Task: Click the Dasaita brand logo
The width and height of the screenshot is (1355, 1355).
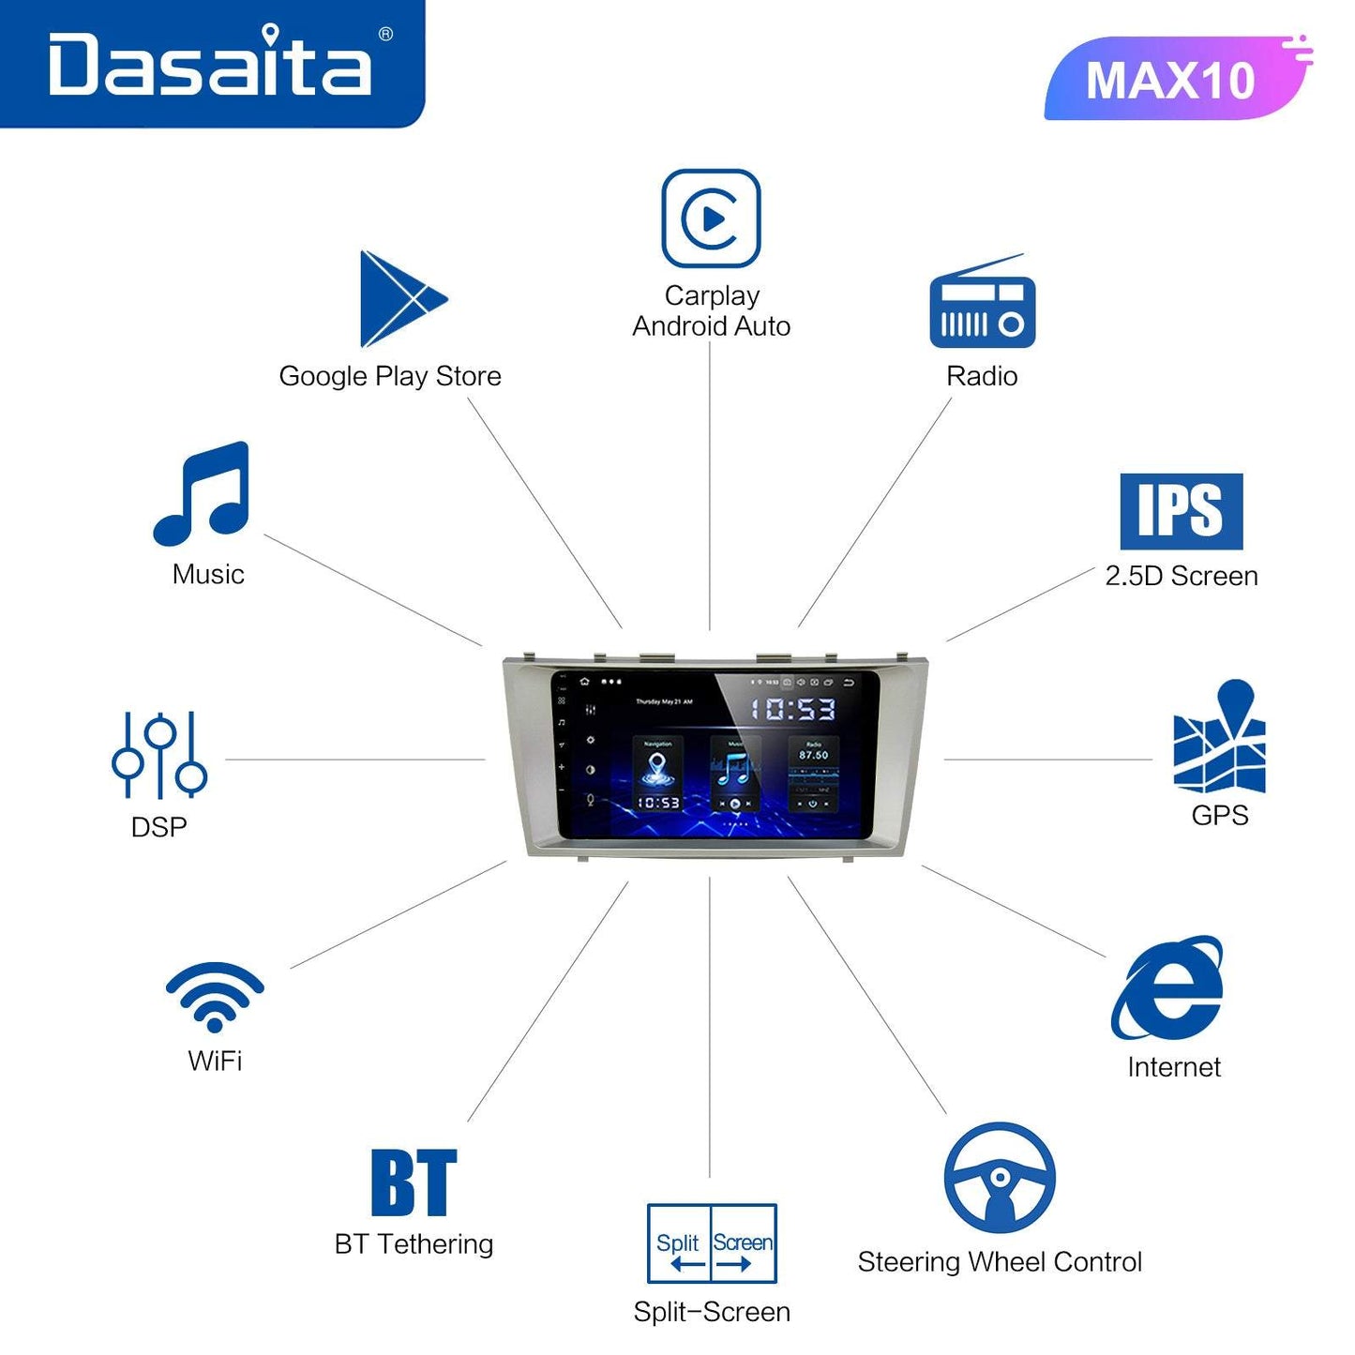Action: (211, 64)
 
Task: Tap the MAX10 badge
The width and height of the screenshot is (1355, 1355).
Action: (1172, 80)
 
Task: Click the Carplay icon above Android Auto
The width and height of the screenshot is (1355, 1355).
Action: (711, 218)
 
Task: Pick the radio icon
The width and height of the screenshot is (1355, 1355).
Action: (982, 304)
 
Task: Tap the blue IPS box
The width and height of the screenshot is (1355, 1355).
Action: (1181, 511)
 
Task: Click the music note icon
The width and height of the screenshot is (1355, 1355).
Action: (203, 493)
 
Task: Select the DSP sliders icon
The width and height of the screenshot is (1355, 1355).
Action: (159, 755)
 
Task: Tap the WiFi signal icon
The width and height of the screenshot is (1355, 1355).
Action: (215, 996)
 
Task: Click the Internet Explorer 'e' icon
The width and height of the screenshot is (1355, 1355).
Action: (1168, 988)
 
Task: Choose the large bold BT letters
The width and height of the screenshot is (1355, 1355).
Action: (414, 1182)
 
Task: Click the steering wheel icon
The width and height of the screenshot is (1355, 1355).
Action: (1000, 1178)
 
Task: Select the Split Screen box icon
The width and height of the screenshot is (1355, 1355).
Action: (712, 1243)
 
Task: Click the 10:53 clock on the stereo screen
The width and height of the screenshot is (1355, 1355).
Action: (792, 708)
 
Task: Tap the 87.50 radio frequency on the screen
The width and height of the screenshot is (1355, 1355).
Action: (813, 755)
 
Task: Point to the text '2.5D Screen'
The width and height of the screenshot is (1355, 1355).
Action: (1182, 576)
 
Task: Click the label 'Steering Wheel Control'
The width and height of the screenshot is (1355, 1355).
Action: (1000, 1262)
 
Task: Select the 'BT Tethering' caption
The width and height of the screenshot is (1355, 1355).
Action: (414, 1244)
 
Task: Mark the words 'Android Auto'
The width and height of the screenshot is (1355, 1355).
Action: (711, 326)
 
